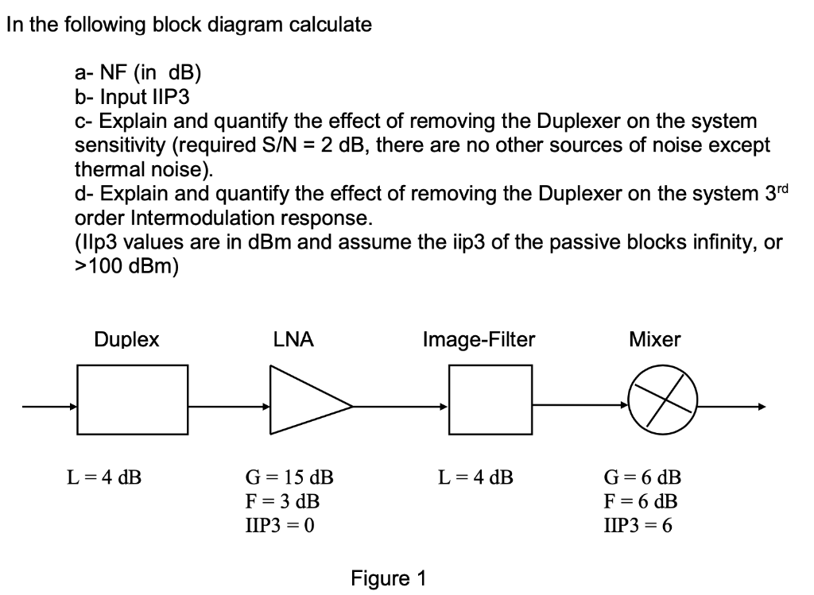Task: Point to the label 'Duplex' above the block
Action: pos(126,340)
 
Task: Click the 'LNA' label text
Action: pos(293,340)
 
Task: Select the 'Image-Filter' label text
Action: pos(479,340)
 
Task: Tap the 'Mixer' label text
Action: pos(654,340)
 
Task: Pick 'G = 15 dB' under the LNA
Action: pos(288,478)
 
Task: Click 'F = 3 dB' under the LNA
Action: pos(281,501)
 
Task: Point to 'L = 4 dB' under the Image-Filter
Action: pos(475,478)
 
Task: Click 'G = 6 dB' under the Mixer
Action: pos(642,478)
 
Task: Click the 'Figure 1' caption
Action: pos(388,578)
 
